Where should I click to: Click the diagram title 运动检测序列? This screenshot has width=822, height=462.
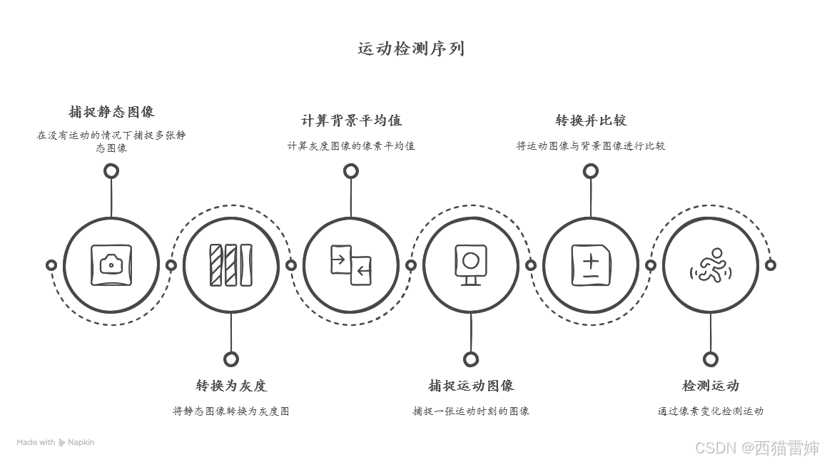[411, 48]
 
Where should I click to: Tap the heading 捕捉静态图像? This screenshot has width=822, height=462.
[111, 112]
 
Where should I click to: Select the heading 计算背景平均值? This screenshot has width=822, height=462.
[351, 120]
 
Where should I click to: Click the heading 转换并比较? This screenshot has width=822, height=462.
[591, 120]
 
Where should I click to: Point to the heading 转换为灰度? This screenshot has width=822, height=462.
[231, 386]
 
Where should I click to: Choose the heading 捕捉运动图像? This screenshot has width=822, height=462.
[471, 386]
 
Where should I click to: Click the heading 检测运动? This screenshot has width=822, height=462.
[711, 386]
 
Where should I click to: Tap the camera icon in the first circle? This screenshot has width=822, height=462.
[111, 265]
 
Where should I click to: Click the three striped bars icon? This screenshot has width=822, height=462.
[231, 265]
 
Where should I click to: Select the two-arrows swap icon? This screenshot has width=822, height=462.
[351, 265]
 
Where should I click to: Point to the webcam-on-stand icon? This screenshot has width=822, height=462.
[471, 265]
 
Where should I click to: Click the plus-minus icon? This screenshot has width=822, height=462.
[591, 265]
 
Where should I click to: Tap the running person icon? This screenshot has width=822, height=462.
[711, 265]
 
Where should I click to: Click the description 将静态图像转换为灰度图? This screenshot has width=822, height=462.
[231, 411]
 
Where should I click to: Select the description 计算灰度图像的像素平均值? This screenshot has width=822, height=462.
[351, 145]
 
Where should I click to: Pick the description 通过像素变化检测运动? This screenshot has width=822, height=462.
[711, 411]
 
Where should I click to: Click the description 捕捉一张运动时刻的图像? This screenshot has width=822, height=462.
[471, 411]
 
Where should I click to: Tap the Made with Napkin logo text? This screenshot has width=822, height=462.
[56, 442]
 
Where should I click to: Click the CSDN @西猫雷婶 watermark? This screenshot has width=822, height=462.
[757, 448]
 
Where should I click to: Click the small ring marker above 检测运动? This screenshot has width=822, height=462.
[711, 359]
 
